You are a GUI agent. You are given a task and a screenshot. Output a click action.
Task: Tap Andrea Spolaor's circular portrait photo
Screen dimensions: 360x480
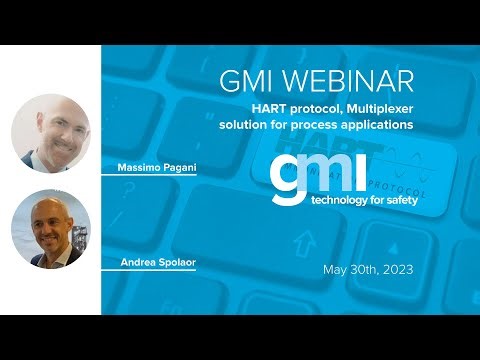(x=50, y=229)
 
